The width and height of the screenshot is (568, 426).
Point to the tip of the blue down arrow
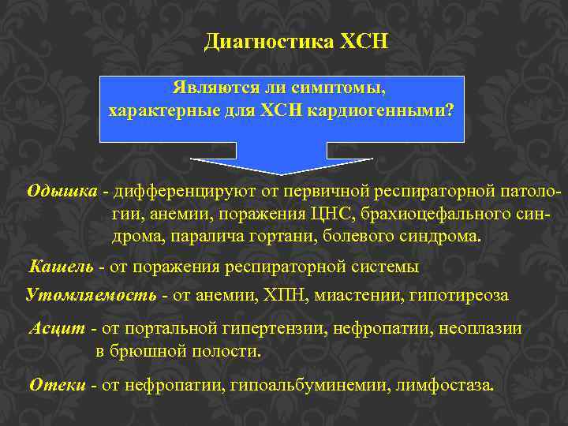282,174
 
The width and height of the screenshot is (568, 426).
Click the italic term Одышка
63,191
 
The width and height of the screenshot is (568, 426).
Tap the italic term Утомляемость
91,295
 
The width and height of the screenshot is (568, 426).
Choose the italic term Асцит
58,329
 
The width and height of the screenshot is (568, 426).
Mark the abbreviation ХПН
293,295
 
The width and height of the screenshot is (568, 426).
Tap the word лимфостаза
452,385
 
